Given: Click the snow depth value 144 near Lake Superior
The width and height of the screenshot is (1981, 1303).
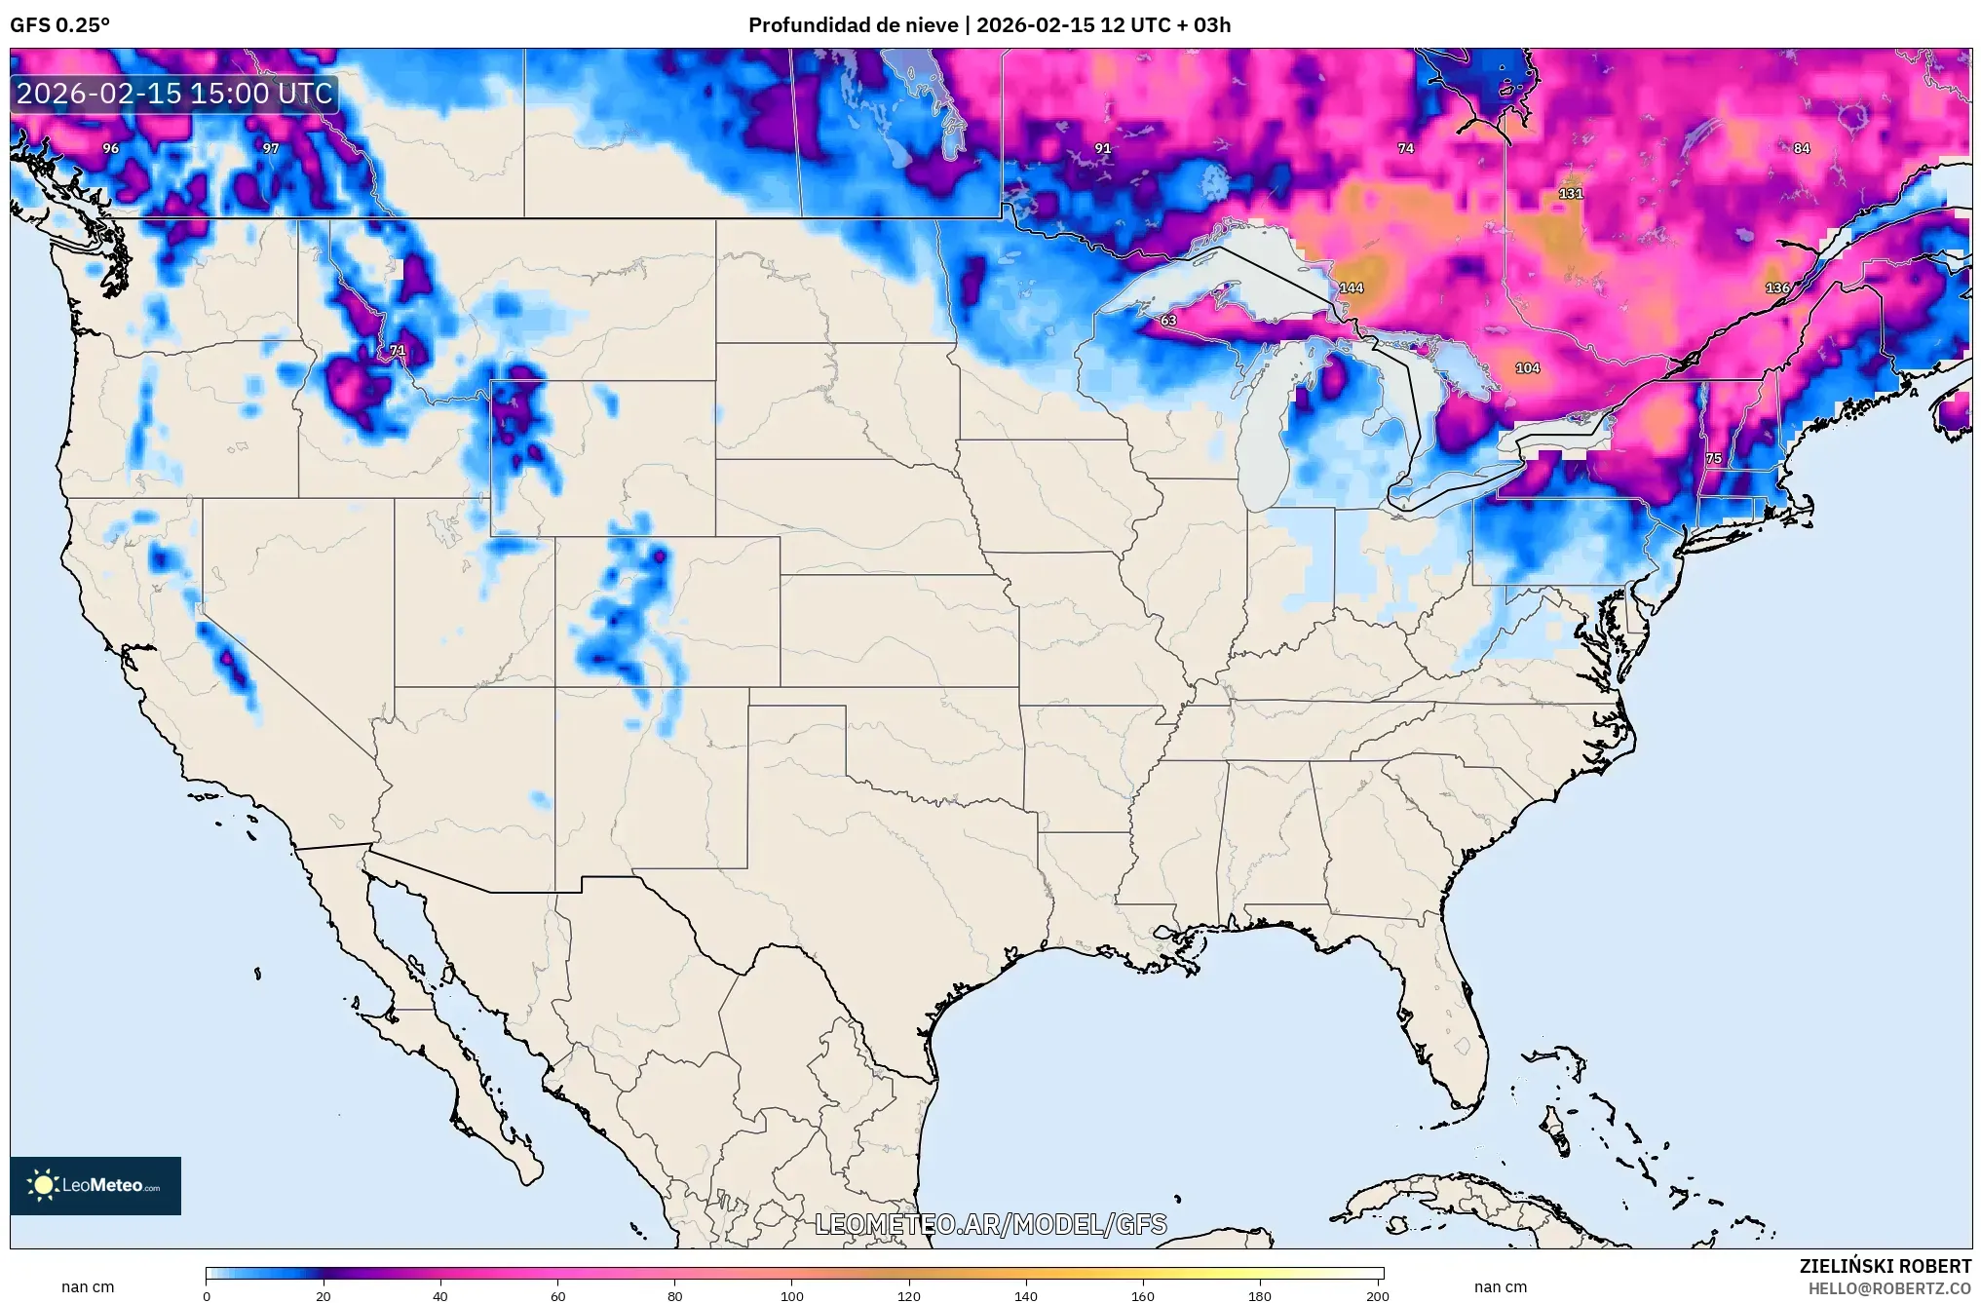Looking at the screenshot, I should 1352,287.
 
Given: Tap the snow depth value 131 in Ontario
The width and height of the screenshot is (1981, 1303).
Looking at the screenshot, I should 1571,193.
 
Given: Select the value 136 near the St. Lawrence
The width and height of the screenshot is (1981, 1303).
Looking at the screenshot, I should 1777,287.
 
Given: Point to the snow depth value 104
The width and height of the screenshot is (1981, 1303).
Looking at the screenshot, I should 1528,367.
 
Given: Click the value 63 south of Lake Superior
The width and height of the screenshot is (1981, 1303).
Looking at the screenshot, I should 1168,320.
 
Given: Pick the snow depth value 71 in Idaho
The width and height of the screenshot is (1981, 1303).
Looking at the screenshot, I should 397,350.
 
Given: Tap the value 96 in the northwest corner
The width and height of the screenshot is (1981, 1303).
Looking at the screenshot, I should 111,148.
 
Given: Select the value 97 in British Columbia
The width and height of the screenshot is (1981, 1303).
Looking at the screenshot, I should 271,148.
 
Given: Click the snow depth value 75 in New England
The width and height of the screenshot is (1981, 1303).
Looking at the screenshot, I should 1713,457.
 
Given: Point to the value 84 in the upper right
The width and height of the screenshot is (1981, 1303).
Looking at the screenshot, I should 1802,148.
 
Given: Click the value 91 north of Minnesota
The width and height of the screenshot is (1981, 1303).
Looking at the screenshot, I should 1102,148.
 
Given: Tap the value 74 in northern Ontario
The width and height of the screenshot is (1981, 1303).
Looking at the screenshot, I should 1405,148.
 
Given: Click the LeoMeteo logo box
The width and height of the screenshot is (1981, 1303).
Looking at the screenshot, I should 95,1185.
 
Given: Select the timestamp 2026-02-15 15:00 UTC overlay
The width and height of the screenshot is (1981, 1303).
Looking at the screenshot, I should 175,94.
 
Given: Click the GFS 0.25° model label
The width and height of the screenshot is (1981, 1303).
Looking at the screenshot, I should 60,25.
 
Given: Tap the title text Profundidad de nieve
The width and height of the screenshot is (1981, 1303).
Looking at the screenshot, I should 853,25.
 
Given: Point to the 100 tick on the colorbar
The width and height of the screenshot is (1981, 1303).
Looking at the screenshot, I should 792,1295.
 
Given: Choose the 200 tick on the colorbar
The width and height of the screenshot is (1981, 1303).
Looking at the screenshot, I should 1377,1295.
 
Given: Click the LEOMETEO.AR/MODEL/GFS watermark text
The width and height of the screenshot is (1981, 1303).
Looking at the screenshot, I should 990,1224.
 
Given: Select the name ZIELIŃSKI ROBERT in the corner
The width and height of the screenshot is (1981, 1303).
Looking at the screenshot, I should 1885,1266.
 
